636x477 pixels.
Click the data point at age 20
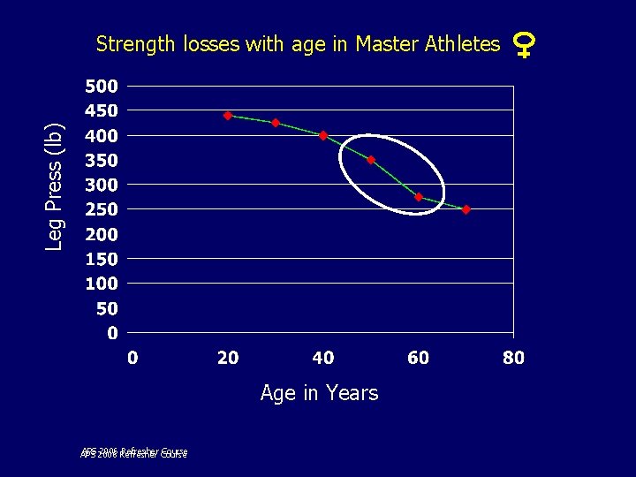228,116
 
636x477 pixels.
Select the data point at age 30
276,123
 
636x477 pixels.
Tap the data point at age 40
323,135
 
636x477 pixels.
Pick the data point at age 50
371,160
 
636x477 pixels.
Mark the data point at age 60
419,197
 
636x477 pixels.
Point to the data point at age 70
466,209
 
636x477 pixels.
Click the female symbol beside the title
524,43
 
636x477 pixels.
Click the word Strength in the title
136,44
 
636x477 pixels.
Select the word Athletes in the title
462,43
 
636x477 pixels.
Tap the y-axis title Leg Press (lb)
55,185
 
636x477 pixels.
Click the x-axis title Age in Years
319,393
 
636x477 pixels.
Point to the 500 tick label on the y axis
101,87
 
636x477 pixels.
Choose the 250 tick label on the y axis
101,210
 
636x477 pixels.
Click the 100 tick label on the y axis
101,284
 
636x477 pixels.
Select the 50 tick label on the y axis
107,309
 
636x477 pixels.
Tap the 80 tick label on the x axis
513,358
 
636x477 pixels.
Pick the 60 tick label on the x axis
418,358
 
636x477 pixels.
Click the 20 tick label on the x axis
228,358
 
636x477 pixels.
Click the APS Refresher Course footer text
133,453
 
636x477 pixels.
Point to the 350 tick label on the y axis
101,161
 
